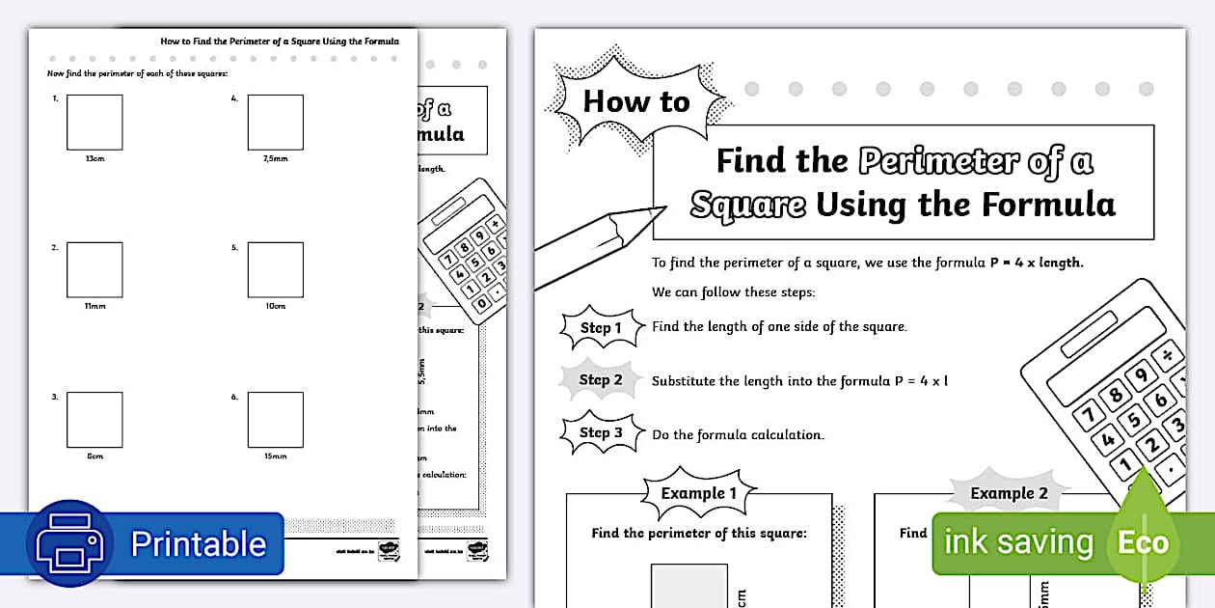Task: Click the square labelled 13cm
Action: [94, 122]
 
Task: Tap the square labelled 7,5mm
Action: [275, 122]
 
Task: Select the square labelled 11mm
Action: [94, 269]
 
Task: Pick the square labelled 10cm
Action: [275, 269]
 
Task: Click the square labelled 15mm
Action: [275, 419]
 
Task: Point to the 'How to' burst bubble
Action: [636, 100]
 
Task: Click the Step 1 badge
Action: [601, 328]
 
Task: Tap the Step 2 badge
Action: [601, 380]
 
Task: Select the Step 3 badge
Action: [601, 432]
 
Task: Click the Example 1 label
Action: [699, 493]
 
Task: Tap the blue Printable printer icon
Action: [69, 542]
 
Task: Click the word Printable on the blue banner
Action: [198, 543]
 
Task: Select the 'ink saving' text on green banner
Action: [1018, 541]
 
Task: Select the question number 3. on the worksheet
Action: [55, 397]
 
